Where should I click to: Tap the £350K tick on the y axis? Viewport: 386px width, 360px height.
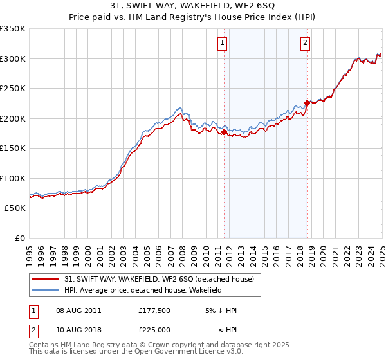tap(13, 29)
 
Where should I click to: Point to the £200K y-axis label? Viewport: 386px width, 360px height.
tap(13, 118)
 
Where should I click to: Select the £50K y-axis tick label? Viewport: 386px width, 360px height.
tap(15, 208)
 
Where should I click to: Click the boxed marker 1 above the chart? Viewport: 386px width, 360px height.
tap(222, 43)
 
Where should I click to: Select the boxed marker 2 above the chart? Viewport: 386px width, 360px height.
tap(305, 43)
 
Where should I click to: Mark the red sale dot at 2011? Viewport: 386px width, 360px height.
tap(225, 132)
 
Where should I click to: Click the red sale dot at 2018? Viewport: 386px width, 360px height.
tap(308, 103)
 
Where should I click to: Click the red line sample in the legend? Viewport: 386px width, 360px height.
tap(46, 279)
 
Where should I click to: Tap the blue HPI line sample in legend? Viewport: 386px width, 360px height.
tap(46, 290)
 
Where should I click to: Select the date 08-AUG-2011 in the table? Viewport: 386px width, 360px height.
tap(79, 310)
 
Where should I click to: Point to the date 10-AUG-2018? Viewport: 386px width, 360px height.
tap(79, 329)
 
